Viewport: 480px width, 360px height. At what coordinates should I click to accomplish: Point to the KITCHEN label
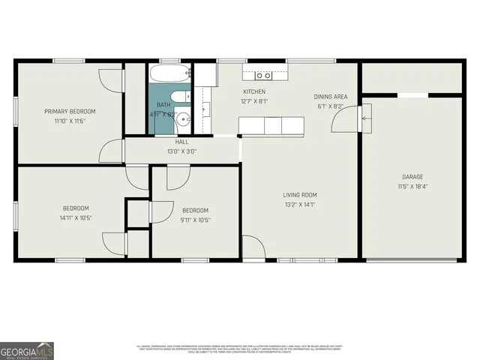(254, 91)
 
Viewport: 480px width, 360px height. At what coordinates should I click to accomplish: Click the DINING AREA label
(330, 97)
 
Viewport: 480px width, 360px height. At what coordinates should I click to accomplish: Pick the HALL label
(182, 142)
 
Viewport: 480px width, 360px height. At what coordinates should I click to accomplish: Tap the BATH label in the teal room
(163, 105)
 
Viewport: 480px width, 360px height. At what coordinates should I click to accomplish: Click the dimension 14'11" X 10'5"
(76, 218)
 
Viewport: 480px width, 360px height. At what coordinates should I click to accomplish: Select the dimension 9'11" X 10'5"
(195, 220)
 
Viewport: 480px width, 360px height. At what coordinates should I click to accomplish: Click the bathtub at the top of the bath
(171, 74)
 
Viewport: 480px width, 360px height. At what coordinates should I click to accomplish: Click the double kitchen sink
(262, 75)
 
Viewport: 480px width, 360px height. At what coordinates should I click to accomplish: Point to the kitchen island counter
(271, 125)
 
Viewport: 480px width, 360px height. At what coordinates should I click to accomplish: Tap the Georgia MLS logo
(27, 350)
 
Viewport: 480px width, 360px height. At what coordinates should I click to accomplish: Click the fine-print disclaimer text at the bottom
(240, 348)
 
